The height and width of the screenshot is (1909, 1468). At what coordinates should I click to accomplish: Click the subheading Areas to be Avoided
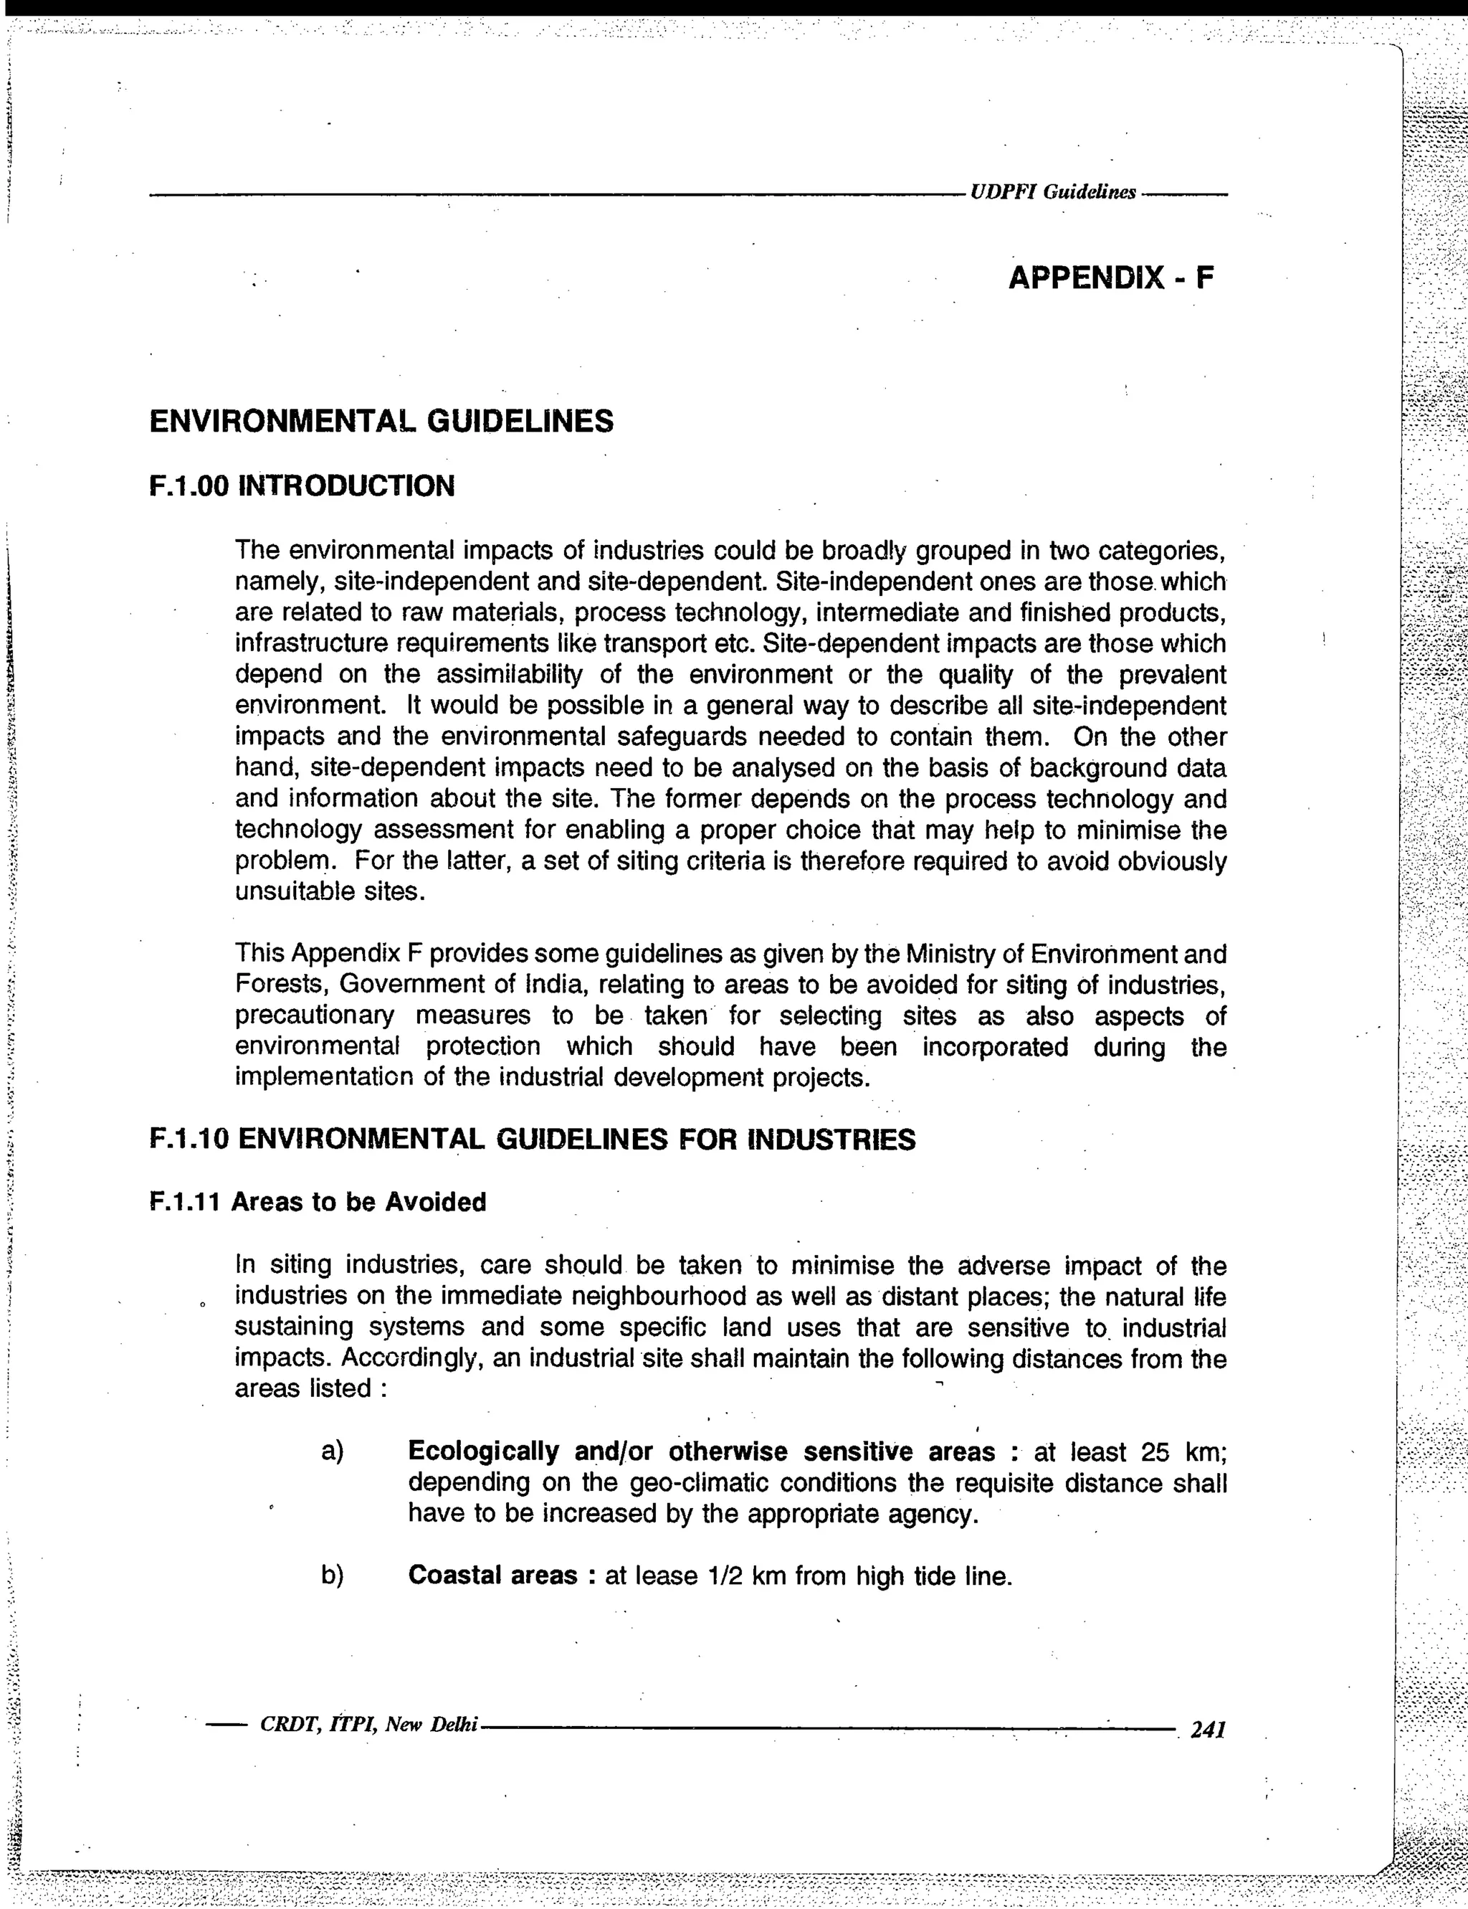pos(358,1202)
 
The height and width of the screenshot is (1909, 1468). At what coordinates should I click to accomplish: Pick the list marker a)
pos(332,1451)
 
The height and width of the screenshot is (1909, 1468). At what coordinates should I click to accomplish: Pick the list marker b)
pos(332,1575)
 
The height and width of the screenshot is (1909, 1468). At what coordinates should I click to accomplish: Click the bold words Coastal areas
pos(493,1575)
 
